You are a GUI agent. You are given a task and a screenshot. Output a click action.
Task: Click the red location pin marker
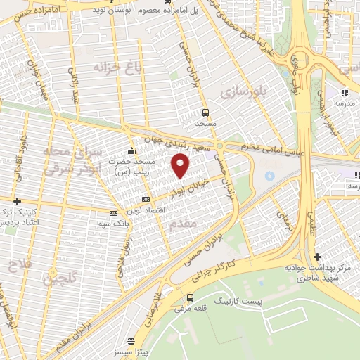coord(181,166)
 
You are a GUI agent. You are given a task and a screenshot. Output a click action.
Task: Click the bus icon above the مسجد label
coord(205,112)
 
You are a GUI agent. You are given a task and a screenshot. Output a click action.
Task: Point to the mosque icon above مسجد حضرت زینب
coord(131,150)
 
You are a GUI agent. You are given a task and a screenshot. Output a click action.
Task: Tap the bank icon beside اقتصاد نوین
coord(146,200)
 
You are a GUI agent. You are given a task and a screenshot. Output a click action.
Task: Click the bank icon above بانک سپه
coord(113,212)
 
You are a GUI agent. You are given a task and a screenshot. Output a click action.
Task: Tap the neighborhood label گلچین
coord(58,280)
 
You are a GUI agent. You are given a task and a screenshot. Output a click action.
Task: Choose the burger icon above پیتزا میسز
coord(125,335)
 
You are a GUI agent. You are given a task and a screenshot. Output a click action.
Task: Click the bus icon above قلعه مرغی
coord(191,297)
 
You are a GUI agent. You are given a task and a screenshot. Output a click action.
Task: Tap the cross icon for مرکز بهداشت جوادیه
coord(317,257)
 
